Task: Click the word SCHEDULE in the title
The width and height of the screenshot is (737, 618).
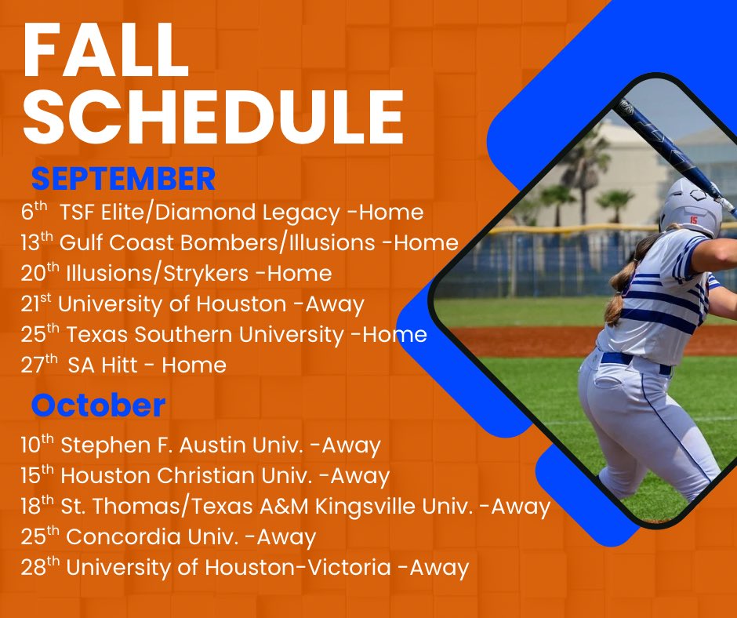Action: pyautogui.click(x=213, y=118)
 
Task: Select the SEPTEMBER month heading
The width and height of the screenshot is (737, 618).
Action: pyautogui.click(x=123, y=180)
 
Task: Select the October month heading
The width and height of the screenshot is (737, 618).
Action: pyautogui.click(x=98, y=405)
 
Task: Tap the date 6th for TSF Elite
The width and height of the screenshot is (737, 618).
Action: pyautogui.click(x=34, y=212)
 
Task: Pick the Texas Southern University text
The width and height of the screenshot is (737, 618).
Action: pyautogui.click(x=205, y=334)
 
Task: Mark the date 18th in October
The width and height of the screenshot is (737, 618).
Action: pyautogui.click(x=37, y=506)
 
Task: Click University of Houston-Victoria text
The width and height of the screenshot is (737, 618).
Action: pyautogui.click(x=228, y=567)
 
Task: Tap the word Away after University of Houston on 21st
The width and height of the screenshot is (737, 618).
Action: pyautogui.click(x=337, y=304)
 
